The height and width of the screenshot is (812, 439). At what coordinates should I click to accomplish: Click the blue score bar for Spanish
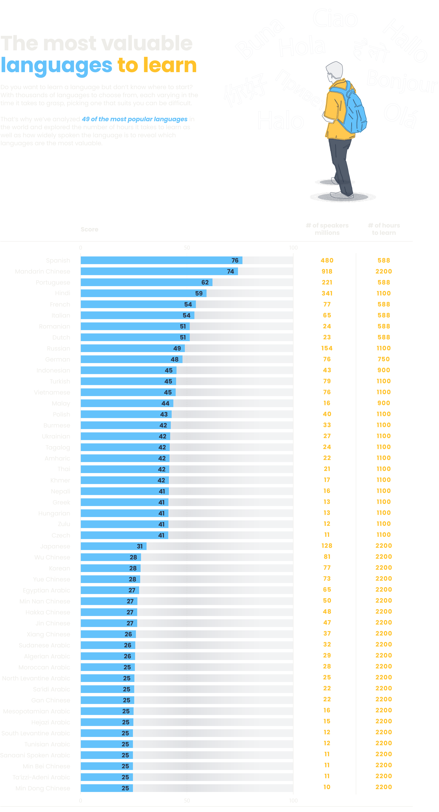pos(161,260)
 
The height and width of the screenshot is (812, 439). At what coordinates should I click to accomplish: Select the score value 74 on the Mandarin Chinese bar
pos(231,271)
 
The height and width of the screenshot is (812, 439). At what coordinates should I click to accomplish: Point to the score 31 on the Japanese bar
pos(140,546)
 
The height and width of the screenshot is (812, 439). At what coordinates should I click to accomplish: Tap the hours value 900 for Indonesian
pos(384,370)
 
